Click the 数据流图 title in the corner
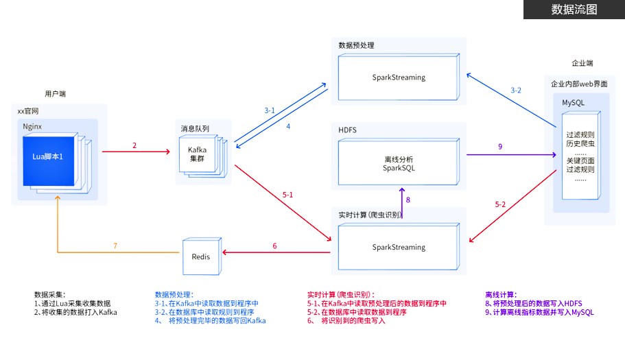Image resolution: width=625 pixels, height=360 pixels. pos(574,10)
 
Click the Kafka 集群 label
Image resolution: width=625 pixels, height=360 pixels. pos(198,154)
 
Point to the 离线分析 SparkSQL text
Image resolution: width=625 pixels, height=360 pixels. pos(399,163)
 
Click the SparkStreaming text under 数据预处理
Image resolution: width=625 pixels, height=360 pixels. pos(399,77)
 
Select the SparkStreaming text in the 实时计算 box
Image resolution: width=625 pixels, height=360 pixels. pos(399,247)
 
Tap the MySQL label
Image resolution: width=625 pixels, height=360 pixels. pos(574,102)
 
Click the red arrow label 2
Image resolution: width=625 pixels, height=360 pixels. pos(134,145)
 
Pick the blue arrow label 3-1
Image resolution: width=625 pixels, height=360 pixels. pos(270,110)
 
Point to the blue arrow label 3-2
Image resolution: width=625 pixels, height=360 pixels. pos(516,91)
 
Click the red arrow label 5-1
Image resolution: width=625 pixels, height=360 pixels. pos(287,195)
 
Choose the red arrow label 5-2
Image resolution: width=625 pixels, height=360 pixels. pos(501,204)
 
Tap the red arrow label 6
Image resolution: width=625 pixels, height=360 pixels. pos(274,245)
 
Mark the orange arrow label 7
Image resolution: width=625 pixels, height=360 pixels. pos(115,245)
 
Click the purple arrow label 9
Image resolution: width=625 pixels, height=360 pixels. pos(500,146)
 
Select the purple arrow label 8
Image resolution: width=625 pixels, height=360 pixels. pos(408,200)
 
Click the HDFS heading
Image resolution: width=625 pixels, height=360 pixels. pos(348,130)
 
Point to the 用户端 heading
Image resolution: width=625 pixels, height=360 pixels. pos(56,93)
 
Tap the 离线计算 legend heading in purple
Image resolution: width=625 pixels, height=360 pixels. pos(501,294)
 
